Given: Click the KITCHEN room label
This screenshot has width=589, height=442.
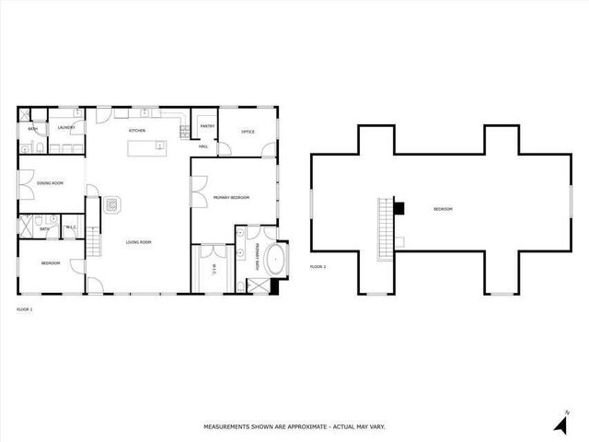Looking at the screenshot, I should [137, 131].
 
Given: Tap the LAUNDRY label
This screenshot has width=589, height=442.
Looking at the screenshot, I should [65, 127].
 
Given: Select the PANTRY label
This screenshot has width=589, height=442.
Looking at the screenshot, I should [207, 128].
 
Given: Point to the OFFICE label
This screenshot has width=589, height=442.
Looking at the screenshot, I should [248, 132].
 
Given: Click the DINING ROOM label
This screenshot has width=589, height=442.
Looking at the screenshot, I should [50, 183].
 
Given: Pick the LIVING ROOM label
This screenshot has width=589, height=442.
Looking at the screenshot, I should [138, 242].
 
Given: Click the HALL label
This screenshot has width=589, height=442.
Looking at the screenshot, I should [203, 146].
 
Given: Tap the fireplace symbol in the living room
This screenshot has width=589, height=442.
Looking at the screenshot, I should [112, 204].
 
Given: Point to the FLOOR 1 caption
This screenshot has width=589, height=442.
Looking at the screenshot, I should [25, 309].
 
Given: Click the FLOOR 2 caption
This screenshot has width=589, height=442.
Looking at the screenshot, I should [318, 266].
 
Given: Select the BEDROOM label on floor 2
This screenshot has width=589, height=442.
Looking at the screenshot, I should [444, 210].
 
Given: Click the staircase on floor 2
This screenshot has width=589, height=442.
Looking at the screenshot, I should [385, 226].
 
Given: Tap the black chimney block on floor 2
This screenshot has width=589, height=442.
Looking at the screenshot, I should [398, 207].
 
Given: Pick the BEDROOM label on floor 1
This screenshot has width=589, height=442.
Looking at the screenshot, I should [50, 263].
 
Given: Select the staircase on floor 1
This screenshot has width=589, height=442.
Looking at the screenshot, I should [92, 244].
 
